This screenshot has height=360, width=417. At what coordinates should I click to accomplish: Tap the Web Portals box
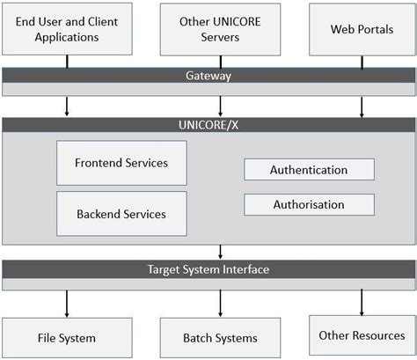361,29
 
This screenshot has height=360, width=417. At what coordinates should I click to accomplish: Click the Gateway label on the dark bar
208,76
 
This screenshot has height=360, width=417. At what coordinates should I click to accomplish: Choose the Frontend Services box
121,163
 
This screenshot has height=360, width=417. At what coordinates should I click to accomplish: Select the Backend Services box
121,213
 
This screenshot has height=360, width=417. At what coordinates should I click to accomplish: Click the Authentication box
308,170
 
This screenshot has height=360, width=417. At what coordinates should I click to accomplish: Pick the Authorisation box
308,204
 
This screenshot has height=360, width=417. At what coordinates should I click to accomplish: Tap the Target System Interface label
208,268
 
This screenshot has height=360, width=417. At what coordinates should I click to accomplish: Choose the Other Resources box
361,334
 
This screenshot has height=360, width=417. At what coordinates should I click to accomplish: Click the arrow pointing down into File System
67,304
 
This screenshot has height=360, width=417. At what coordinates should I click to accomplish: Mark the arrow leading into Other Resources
361,302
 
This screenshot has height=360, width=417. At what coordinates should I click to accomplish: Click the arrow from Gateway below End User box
67,105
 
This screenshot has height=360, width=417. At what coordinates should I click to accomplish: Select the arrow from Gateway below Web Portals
361,105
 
